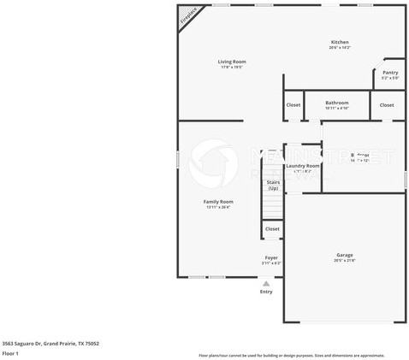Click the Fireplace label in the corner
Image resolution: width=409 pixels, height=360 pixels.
(x=187, y=18)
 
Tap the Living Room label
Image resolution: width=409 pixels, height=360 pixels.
(x=231, y=62)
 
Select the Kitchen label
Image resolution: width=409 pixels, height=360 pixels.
(x=340, y=42)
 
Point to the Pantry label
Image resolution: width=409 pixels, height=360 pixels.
(x=390, y=73)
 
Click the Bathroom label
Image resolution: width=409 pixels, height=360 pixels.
(x=336, y=103)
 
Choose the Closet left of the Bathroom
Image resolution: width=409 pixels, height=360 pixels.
(x=293, y=104)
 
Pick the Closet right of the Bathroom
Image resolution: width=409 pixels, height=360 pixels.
(x=387, y=104)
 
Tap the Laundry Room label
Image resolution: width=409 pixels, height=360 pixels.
(x=302, y=166)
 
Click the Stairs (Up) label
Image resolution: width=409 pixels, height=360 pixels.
(x=273, y=185)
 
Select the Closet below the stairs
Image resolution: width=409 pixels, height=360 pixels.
(x=272, y=228)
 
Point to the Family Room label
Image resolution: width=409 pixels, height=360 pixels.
(x=218, y=202)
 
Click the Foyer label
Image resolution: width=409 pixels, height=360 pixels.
(x=270, y=257)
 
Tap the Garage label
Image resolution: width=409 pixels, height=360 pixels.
(x=345, y=255)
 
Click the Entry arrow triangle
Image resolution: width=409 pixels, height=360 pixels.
(x=266, y=283)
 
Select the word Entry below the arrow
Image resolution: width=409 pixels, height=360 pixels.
(x=266, y=292)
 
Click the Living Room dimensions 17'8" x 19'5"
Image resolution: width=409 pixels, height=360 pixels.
(x=231, y=68)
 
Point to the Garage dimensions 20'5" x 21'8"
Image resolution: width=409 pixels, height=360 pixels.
(x=345, y=261)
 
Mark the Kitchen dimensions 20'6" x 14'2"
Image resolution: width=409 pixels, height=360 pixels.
(x=340, y=48)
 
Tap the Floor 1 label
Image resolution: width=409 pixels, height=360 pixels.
(x=11, y=353)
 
